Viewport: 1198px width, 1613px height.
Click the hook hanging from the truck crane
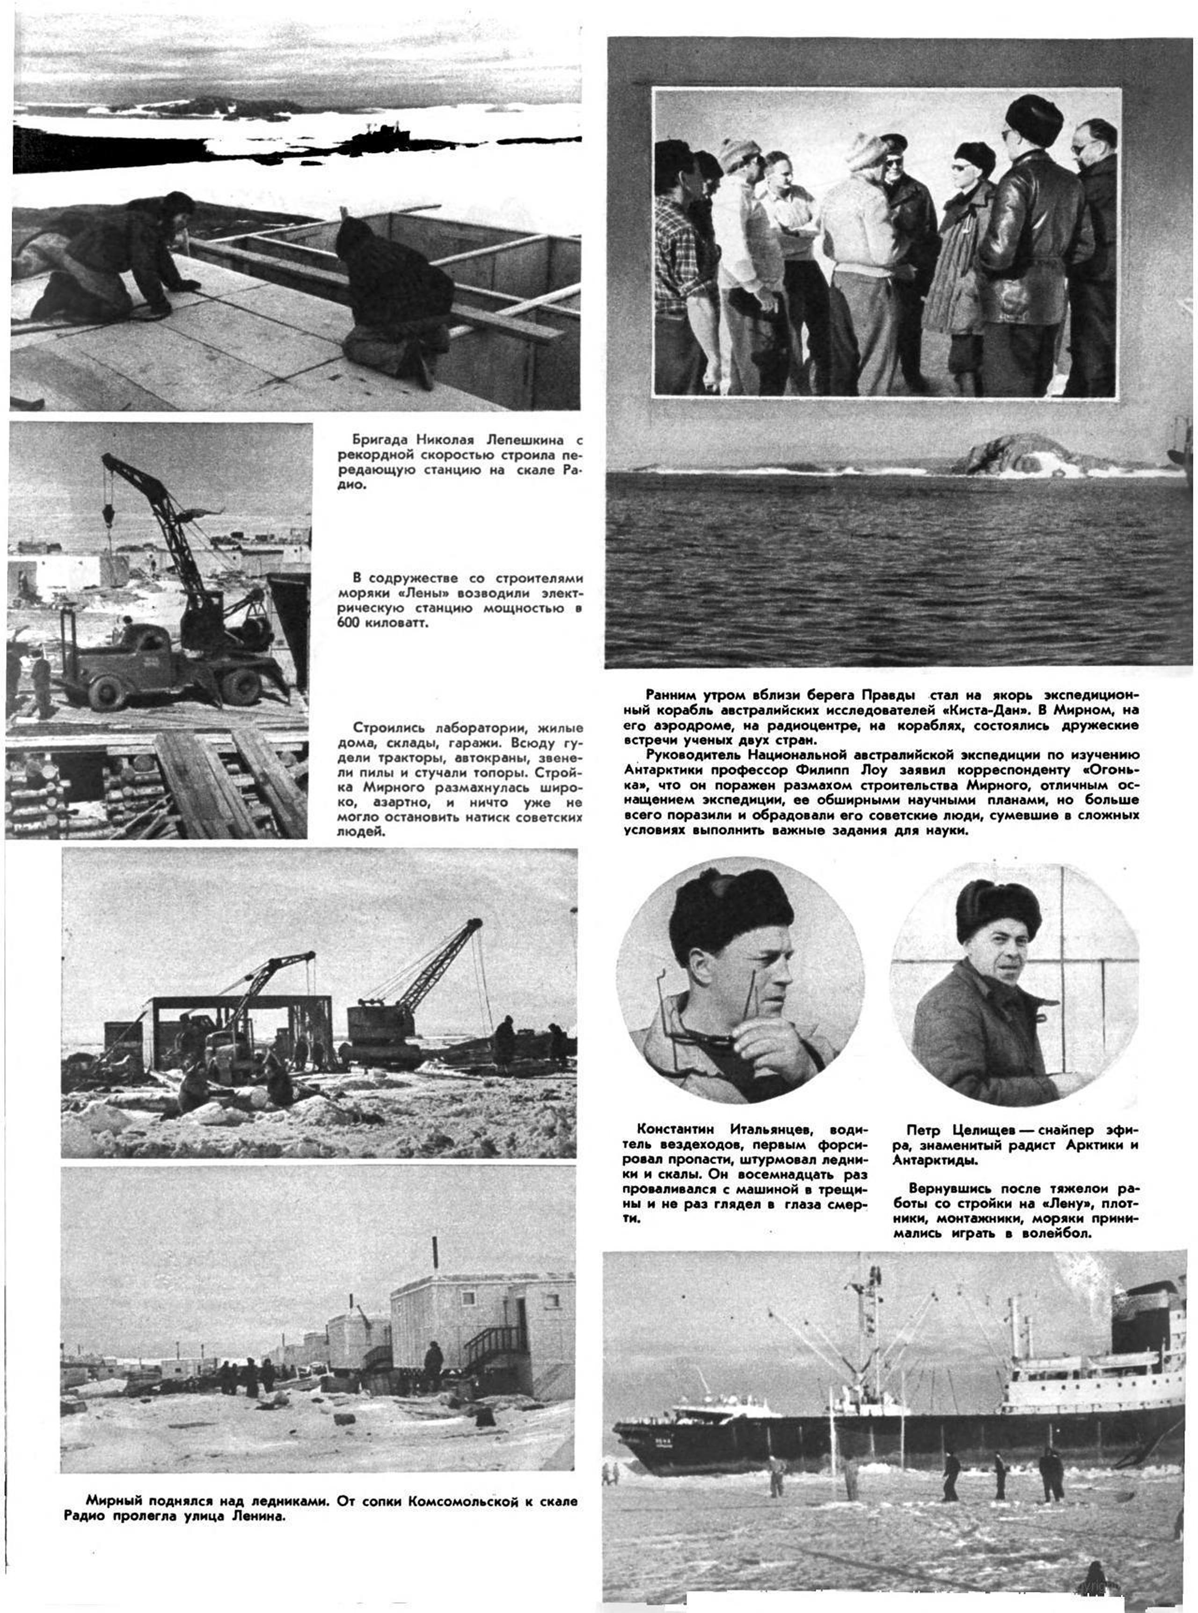point(109,516)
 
